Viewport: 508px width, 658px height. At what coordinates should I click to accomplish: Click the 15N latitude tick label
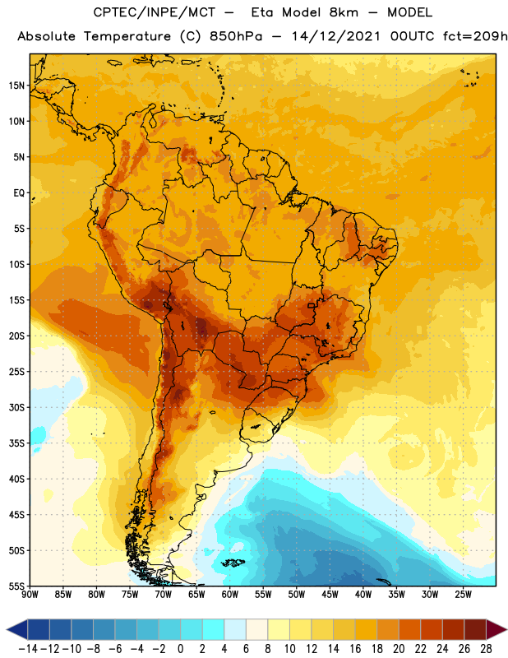tap(16, 86)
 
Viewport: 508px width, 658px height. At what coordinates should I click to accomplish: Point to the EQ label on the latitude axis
tap(19, 193)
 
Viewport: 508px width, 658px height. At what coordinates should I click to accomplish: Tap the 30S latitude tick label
tap(16, 407)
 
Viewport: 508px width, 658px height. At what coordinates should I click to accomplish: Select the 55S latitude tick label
tap(16, 586)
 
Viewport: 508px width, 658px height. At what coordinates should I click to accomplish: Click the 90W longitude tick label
tap(30, 595)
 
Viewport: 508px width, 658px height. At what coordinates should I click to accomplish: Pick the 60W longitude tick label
tap(230, 595)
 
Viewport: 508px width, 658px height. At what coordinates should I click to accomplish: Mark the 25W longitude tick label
tap(463, 595)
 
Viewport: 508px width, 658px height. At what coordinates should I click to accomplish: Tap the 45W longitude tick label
tap(330, 595)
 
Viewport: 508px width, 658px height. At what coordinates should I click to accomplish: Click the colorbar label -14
tap(28, 649)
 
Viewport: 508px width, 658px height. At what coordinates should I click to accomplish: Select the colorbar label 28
tap(486, 649)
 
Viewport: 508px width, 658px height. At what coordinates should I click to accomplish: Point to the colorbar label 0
tap(181, 649)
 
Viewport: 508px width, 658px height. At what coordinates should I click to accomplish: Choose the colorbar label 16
tap(355, 649)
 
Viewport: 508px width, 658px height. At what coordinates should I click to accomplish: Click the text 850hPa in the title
tap(236, 36)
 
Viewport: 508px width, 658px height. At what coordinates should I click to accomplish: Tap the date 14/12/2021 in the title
tap(335, 36)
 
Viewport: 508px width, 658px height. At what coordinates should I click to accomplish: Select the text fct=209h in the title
tap(475, 36)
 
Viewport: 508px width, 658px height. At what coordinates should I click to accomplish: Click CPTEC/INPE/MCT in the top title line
tap(154, 12)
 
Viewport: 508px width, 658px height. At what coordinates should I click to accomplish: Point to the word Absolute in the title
tap(46, 36)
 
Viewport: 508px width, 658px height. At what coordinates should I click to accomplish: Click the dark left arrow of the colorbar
tap(17, 629)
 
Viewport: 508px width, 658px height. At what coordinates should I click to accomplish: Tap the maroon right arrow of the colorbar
tap(496, 629)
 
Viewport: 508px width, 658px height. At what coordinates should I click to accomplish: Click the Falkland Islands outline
tap(233, 563)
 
